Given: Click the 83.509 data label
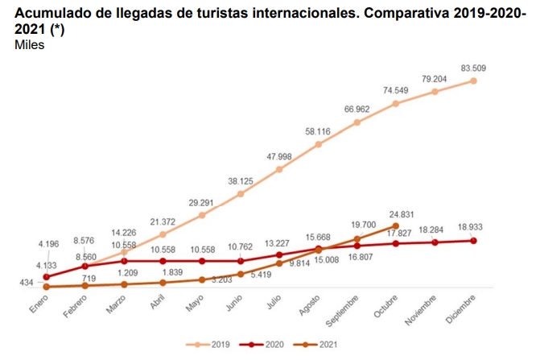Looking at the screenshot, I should tap(473, 66).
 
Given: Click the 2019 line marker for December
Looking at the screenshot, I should tap(473, 81).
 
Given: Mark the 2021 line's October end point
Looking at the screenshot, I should tap(395, 226).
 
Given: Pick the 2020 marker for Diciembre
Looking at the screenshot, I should tap(473, 240).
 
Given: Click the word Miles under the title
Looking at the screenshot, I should tap(29, 45).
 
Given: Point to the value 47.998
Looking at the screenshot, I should tap(278, 155).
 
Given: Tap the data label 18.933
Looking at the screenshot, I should tap(473, 227).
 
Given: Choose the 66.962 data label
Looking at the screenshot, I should tap(357, 108).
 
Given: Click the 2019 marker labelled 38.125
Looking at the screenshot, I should tap(241, 194).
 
